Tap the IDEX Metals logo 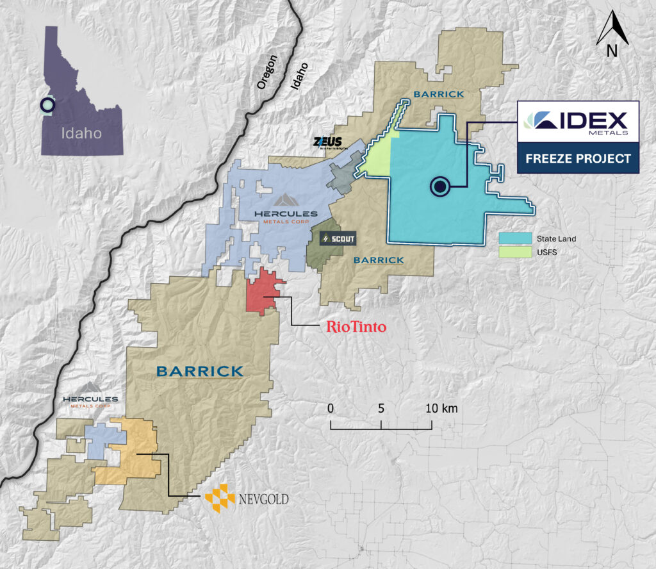tap(577, 122)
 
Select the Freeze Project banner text tap(577, 158)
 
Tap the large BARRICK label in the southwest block tap(200, 371)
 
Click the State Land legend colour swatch tap(515, 238)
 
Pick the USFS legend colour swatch tap(515, 252)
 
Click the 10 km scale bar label tap(441, 408)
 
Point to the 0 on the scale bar tap(331, 408)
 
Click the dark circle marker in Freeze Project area tap(439, 186)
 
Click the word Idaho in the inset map tap(81, 133)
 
